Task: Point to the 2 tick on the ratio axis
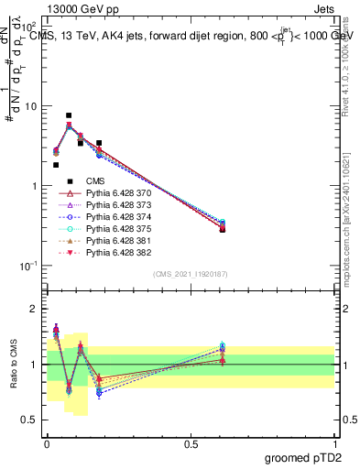35,309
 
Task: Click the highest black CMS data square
69,115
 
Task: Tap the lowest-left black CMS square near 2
56,165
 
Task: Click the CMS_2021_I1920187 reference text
190,274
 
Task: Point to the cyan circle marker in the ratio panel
222,345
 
